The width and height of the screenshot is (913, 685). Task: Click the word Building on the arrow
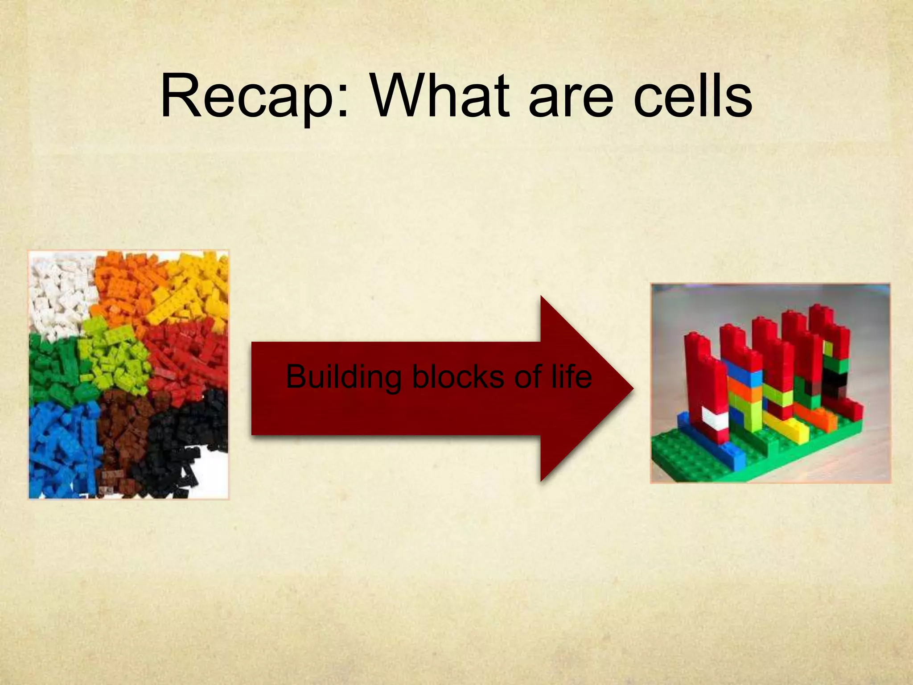click(343, 377)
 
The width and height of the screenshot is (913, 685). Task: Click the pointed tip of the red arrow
click(631, 388)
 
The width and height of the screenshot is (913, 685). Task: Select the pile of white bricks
click(60, 294)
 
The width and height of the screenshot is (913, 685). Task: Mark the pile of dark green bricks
click(51, 370)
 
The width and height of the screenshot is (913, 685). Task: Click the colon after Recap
click(342, 100)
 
